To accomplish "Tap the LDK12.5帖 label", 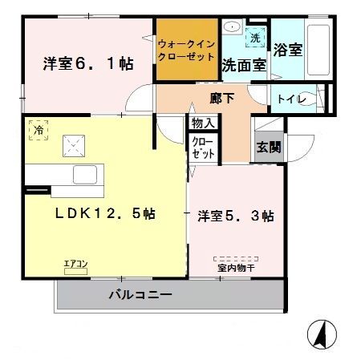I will (105, 214).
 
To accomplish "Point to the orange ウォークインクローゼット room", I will (186, 50).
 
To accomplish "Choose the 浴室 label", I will (287, 50).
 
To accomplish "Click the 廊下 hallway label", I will (221, 98).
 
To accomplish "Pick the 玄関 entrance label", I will (269, 148).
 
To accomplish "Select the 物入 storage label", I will (203, 123).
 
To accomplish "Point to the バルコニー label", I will (140, 295).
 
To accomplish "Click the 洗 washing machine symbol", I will (255, 38).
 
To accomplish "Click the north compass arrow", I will (320, 331).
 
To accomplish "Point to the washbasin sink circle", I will (233, 28).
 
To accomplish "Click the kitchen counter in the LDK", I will (61, 175).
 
